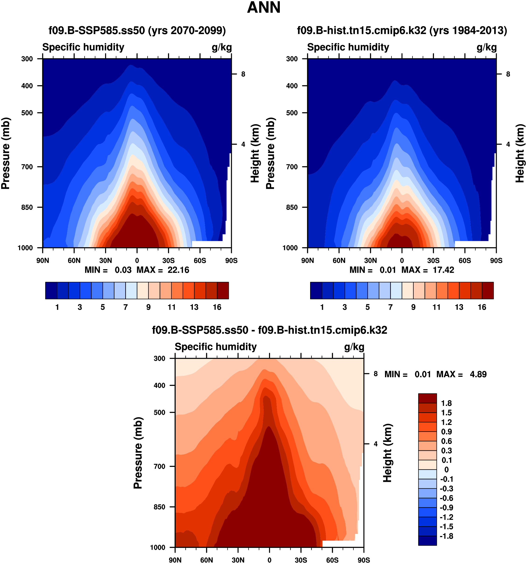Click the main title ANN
pyautogui.click(x=263, y=7)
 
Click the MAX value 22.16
pyautogui.click(x=178, y=270)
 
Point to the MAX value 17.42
pyautogui.click(x=443, y=270)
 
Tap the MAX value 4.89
pyautogui.click(x=478, y=374)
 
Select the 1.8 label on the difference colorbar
pyautogui.click(x=446, y=403)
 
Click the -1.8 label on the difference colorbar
pyautogui.click(x=446, y=536)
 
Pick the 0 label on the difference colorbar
pyautogui.click(x=446, y=469)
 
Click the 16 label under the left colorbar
pyautogui.click(x=217, y=307)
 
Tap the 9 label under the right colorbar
pyautogui.click(x=413, y=307)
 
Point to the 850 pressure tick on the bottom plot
pyautogui.click(x=159, y=507)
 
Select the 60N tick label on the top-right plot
pyautogui.click(x=339, y=261)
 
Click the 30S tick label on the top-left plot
pyautogui.click(x=168, y=261)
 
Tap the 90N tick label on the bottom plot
pyautogui.click(x=175, y=560)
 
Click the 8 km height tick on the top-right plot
pyautogui.click(x=508, y=74)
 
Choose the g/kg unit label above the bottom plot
pyautogui.click(x=354, y=347)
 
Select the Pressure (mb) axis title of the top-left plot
pyautogui.click(x=6, y=153)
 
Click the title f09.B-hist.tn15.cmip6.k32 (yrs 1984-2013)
pyautogui.click(x=402, y=30)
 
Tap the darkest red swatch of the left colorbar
pyautogui.click(x=223, y=290)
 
